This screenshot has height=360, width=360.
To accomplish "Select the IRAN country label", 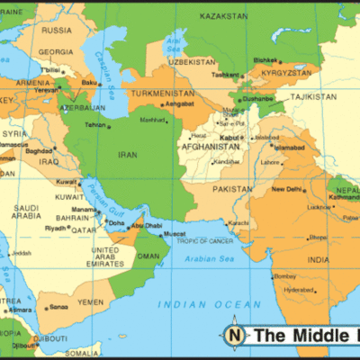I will [125, 154].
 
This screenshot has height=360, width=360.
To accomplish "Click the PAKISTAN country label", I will [232, 190].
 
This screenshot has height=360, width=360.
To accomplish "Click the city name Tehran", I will [95, 124].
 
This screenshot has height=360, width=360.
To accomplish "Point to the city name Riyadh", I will [56, 228].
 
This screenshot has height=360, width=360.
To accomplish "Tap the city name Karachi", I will [238, 222].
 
